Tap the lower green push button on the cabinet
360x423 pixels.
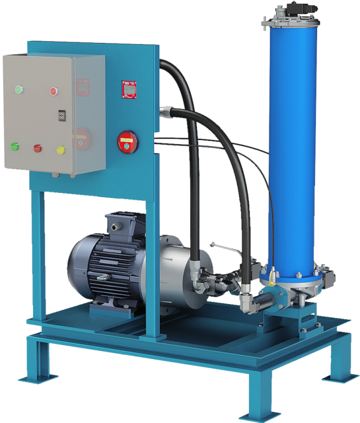[x=14, y=146]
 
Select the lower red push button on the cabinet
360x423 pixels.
[x=38, y=148]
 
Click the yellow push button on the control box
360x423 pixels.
[x=61, y=150]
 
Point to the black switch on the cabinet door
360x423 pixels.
[x=61, y=116]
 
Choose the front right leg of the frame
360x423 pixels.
[x=254, y=390]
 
